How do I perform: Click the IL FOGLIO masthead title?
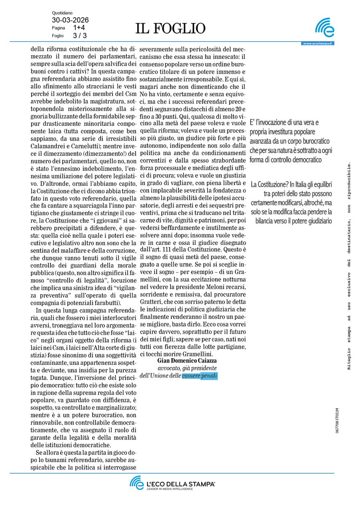click(171, 28)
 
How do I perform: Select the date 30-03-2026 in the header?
click(70, 20)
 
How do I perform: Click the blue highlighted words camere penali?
click(200, 376)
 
